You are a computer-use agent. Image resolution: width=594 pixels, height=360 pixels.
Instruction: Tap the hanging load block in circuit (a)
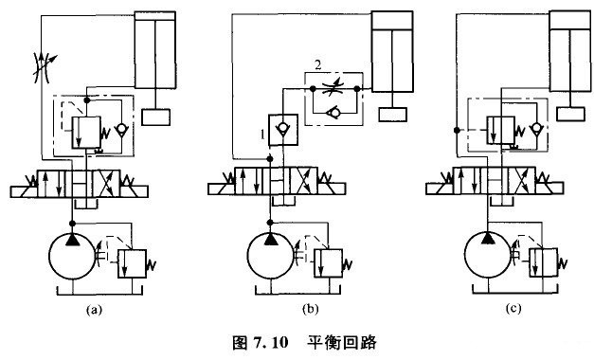[156, 117]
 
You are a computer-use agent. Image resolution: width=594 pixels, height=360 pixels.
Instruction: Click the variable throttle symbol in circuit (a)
[41, 66]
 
